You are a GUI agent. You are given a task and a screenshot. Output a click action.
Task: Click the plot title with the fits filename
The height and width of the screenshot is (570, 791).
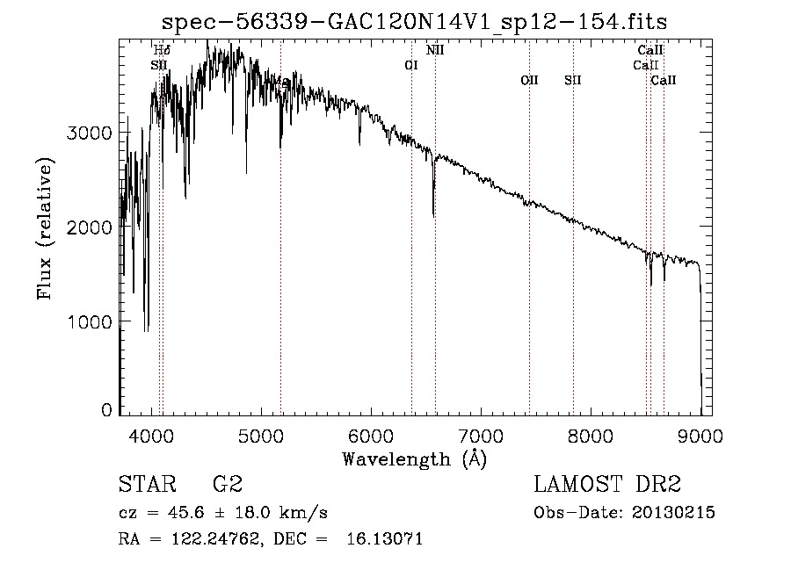coord(421,22)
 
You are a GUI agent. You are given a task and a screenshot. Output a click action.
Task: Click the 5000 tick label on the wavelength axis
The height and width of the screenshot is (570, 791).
coord(260,435)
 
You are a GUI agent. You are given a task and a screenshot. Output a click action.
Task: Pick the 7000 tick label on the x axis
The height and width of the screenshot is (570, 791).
coord(481,435)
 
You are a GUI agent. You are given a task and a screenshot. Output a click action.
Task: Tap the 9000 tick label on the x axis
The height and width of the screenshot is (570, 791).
coord(700,435)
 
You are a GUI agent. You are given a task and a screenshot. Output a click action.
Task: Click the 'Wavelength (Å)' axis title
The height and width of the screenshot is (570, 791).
coord(414,458)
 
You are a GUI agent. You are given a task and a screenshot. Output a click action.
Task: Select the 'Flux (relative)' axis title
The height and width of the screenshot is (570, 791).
coord(45,229)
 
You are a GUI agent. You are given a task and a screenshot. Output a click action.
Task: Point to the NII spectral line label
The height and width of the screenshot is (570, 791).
coord(435,50)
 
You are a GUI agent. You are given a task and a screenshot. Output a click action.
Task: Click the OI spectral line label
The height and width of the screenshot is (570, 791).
coord(410,65)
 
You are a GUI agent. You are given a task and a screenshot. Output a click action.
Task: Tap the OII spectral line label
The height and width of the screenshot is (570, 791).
coord(529,80)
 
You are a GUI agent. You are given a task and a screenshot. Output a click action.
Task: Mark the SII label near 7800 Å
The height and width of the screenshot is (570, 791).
coord(573,80)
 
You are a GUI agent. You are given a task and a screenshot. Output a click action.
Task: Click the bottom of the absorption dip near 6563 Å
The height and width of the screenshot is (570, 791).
coord(433,214)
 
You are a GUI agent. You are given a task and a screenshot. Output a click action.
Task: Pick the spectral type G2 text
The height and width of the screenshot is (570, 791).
coord(228,484)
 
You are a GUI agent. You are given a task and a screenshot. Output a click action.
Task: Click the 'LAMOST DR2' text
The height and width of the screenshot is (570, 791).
coord(607,484)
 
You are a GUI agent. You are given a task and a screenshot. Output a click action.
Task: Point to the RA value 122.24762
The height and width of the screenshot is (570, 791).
coord(210,539)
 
